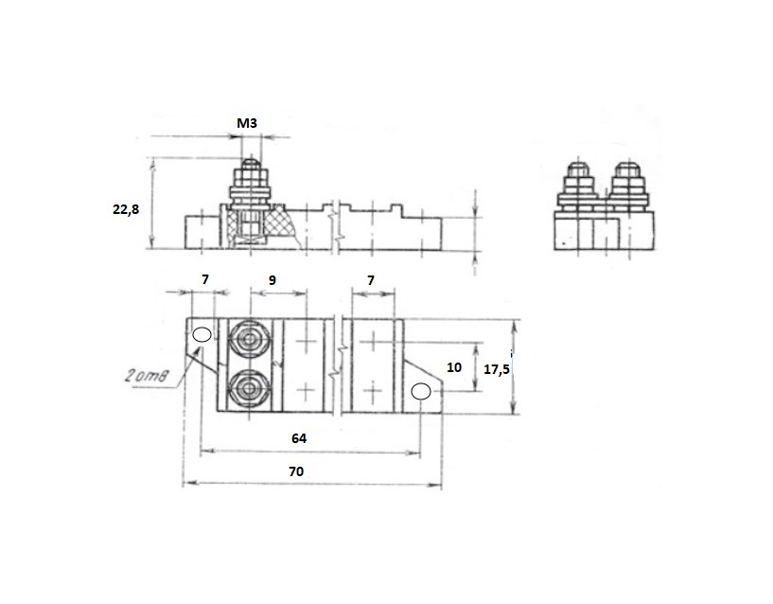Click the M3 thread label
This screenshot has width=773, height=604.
pos(247,123)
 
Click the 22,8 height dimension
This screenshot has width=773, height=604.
pos(126,209)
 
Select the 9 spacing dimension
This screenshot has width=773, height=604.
pos(272,280)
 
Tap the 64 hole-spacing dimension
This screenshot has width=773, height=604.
pos(299,438)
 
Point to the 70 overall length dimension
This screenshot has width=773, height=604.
pos(296,471)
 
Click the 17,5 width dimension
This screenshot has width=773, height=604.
pos(496,369)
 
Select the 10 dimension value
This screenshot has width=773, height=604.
pos(454,367)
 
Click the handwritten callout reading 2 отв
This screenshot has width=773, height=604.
pos(147,377)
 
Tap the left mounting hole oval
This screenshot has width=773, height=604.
pos(202,334)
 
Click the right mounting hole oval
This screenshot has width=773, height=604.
pos(421,392)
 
